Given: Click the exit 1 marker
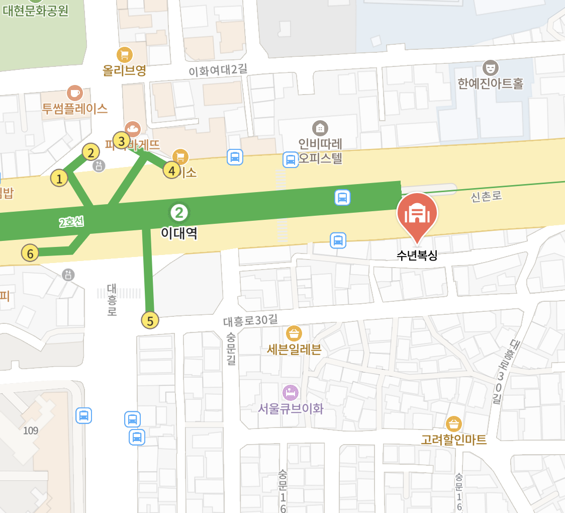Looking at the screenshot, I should (59, 178).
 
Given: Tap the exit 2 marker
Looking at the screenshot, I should (90, 152).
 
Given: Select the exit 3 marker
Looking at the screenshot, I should (121, 140).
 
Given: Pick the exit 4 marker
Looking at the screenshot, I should (172, 170).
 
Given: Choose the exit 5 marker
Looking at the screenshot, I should (150, 320).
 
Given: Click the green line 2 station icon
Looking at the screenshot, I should (179, 213).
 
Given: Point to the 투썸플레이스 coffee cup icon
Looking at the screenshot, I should (75, 93).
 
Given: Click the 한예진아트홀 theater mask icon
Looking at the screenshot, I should (490, 67).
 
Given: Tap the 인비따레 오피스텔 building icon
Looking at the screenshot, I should (320, 128).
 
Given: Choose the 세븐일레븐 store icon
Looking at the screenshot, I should (294, 333).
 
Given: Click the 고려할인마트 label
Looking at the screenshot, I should (454, 440).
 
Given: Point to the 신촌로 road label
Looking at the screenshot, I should (487, 197).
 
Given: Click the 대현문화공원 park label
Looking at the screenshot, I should (35, 11).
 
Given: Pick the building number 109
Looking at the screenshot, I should (30, 431).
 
